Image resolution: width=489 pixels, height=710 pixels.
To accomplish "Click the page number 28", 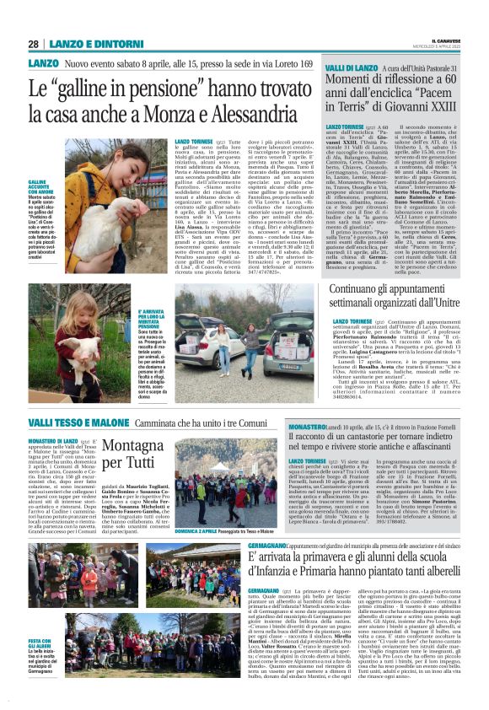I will [33, 43].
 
